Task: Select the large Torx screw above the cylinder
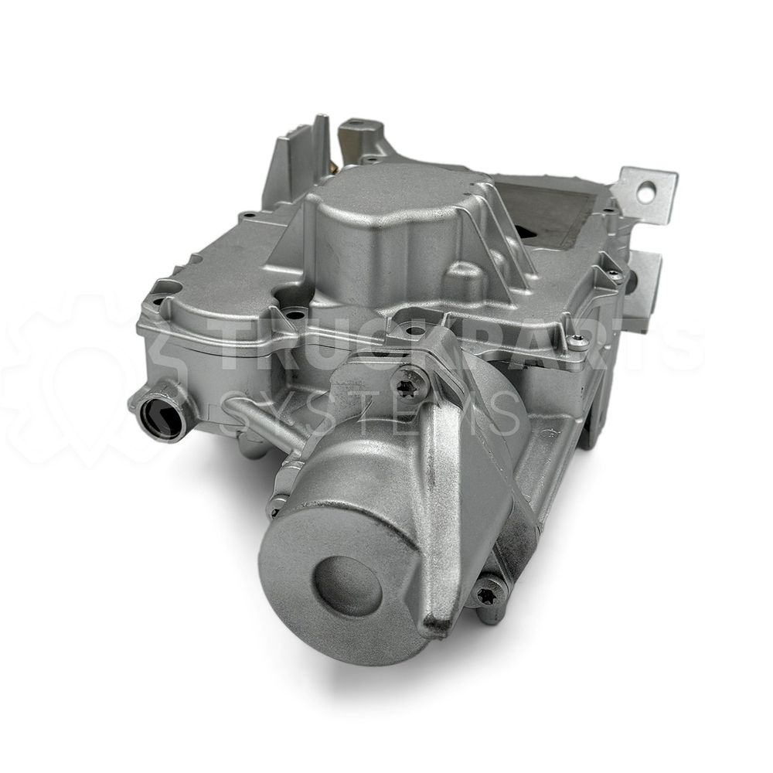coord(407,380)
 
